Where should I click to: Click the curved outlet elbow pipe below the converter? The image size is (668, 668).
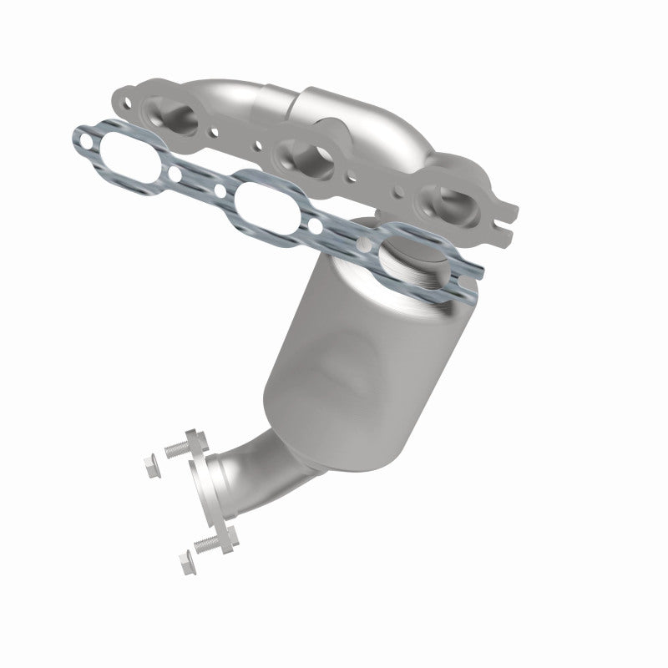pyautogui.click(x=250, y=468)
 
